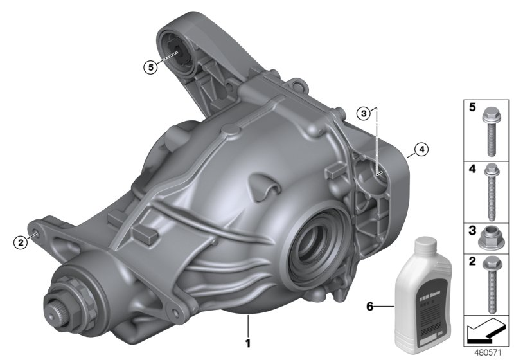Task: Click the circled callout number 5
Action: (150, 66)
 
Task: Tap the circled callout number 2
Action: (21, 242)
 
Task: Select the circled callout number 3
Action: (364, 114)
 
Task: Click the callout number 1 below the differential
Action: (247, 334)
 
